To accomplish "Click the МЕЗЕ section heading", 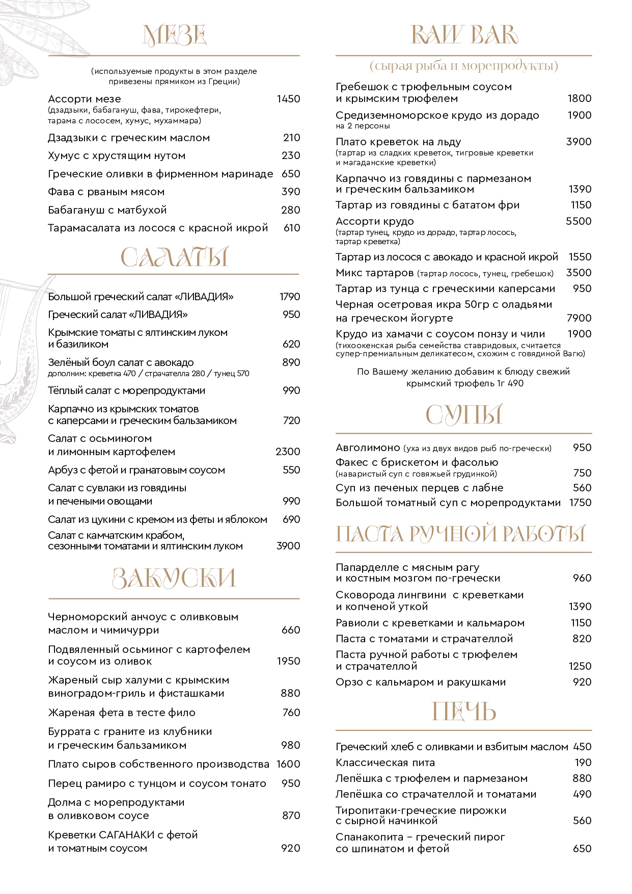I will point(174,36).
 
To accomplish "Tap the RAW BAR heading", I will point(464,35).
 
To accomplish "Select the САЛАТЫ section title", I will point(174,257).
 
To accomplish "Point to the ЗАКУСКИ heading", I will point(174,578).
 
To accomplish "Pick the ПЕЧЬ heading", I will point(464,712).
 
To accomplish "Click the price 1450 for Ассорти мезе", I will point(288,99).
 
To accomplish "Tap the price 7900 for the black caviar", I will point(579,318).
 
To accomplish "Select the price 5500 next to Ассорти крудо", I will point(579,221).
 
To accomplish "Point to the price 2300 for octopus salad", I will point(288,452).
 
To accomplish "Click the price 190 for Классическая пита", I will point(583,762).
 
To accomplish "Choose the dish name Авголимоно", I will point(368,448).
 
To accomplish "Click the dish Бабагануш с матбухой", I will point(107,210).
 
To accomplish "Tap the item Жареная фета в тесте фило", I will point(122,713).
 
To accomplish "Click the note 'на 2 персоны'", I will point(363,126).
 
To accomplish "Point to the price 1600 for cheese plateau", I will point(288,764).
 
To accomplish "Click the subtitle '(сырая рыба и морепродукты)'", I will point(464,66).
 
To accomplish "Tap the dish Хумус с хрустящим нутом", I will point(117,155).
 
